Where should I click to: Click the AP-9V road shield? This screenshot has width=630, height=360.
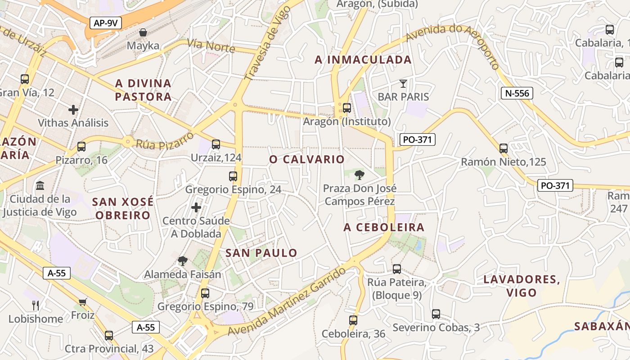pyautogui.click(x=106, y=23)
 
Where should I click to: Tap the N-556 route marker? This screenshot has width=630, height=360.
pyautogui.click(x=517, y=93)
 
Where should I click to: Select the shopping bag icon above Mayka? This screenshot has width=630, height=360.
pyautogui.click(x=143, y=32)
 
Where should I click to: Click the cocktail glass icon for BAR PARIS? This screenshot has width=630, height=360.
pyautogui.click(x=403, y=83)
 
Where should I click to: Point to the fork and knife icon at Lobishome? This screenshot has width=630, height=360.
pyautogui.click(x=36, y=306)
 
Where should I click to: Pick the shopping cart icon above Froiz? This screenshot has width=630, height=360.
pyautogui.click(x=82, y=301)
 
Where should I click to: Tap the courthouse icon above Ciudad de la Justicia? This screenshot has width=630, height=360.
pyautogui.click(x=40, y=185)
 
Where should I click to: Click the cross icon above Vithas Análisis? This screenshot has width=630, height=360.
pyautogui.click(x=73, y=109)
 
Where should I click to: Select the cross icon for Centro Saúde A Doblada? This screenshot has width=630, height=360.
pyautogui.click(x=196, y=207)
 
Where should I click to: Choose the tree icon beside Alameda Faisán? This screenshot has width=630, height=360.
pyautogui.click(x=182, y=261)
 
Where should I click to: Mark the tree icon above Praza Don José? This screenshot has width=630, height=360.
pyautogui.click(x=359, y=175)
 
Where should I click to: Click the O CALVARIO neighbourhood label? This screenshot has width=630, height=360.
pyautogui.click(x=307, y=159)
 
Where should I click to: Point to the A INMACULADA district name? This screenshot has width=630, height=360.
pyautogui.click(x=363, y=60)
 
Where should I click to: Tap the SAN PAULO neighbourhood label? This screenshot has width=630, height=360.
pyautogui.click(x=261, y=253)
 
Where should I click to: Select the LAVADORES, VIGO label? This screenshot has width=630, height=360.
pyautogui.click(x=522, y=286)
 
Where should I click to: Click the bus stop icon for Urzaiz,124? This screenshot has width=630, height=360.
pyautogui.click(x=216, y=144)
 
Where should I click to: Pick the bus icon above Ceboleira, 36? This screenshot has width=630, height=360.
pyautogui.click(x=353, y=320)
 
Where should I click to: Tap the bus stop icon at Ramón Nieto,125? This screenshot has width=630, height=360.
pyautogui.click(x=504, y=148)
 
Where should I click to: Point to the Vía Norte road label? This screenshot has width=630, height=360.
pyautogui.click(x=211, y=46)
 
